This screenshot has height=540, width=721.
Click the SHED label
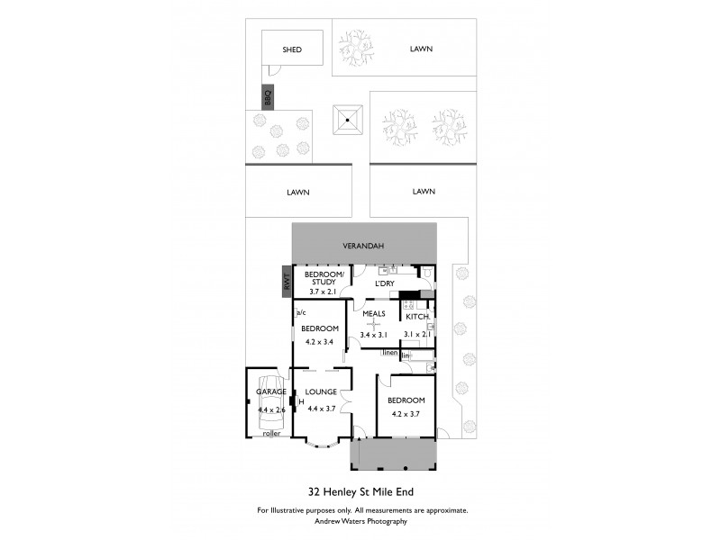coord(292,49)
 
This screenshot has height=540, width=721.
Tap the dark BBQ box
coord(268,96)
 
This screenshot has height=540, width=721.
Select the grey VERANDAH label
coord(364,245)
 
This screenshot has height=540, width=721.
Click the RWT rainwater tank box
coord(287,280)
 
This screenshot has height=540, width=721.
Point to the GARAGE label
coord(271,391)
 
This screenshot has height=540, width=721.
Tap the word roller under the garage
coord(270,434)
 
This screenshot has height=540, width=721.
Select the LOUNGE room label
coord(321,391)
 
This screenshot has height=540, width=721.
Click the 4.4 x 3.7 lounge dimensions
coord(322,409)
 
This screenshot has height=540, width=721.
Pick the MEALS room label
coord(374,313)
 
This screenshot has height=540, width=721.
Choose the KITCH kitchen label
coord(417,317)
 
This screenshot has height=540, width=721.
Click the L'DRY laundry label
coord(385,283)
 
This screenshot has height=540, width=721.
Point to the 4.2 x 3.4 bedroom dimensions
coord(320,342)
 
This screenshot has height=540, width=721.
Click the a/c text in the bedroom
coord(301,312)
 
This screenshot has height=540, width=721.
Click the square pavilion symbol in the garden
coord(348,119)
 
